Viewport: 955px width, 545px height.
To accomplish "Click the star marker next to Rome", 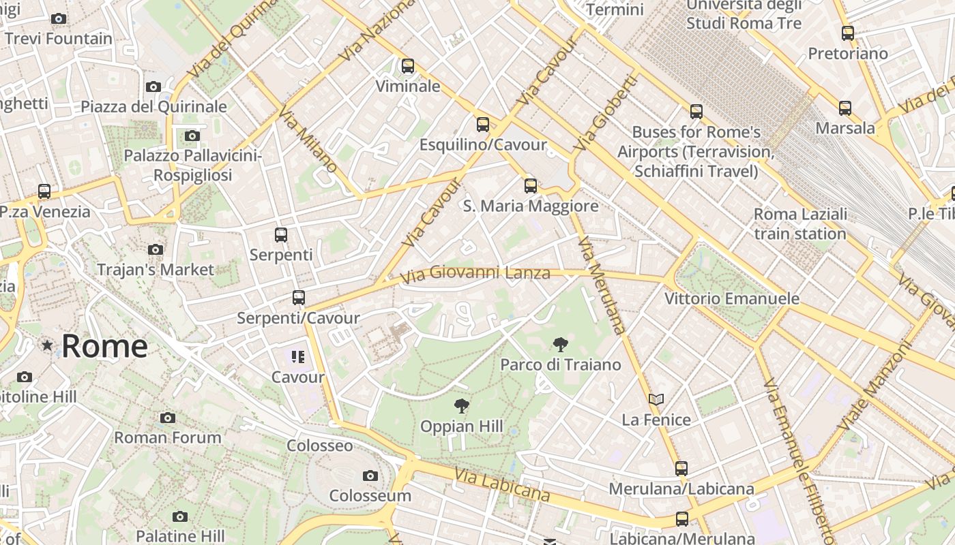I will (x=47, y=345).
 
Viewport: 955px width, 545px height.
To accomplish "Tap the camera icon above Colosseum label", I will (x=370, y=476).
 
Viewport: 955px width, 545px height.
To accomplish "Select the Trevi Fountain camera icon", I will (x=59, y=19).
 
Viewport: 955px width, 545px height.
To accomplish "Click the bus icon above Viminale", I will (x=408, y=66).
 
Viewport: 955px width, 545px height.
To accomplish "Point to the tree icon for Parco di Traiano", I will (x=561, y=345).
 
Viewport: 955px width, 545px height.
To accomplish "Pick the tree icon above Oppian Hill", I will (x=462, y=407).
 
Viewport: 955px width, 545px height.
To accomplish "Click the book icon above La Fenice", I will (x=656, y=399).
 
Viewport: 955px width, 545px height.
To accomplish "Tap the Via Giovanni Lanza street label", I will (x=475, y=274).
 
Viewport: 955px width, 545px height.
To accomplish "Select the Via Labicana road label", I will (x=501, y=484).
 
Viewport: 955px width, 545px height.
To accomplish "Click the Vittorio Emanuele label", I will (x=731, y=298).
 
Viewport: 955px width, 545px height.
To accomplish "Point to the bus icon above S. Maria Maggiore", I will (x=531, y=185).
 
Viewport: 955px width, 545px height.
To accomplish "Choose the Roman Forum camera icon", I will (x=168, y=418).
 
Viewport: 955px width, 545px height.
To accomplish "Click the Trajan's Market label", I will (x=156, y=270).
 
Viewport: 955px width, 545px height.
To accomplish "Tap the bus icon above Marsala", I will (x=845, y=108).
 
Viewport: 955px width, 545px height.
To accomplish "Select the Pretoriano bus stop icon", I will (x=848, y=33).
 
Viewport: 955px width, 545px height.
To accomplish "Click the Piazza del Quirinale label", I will (x=153, y=107).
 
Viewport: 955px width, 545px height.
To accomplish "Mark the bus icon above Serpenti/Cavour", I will (x=298, y=298).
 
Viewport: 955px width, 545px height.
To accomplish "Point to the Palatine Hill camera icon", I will (x=180, y=516).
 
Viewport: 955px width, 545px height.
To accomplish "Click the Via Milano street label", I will (x=308, y=139).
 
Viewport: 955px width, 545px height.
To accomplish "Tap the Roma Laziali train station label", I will (x=800, y=224).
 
